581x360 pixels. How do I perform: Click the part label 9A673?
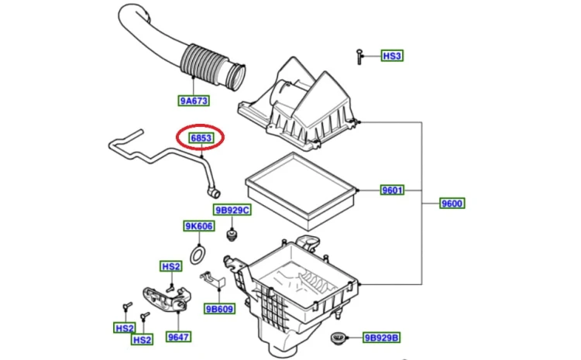(194, 101)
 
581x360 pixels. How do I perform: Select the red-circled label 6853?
(201, 138)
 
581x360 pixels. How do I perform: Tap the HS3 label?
(392, 56)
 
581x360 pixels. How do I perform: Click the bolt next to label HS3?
(359, 57)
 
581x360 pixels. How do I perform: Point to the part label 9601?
(393, 190)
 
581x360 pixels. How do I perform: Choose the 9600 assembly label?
(452, 204)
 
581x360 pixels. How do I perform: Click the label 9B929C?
(232, 210)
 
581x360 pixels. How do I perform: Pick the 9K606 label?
(199, 226)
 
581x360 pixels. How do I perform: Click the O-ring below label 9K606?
(198, 255)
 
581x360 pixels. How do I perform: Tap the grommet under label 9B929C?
(232, 235)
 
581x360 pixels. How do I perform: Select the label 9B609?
(219, 309)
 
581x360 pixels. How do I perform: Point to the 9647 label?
(179, 337)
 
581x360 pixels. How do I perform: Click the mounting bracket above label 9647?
(167, 299)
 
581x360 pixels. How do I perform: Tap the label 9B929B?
(381, 338)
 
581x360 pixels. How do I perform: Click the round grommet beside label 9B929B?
(338, 338)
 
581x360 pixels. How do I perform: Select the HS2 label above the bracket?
(171, 266)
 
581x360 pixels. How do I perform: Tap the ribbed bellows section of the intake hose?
(205, 63)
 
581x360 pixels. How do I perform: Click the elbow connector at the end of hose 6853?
(213, 192)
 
